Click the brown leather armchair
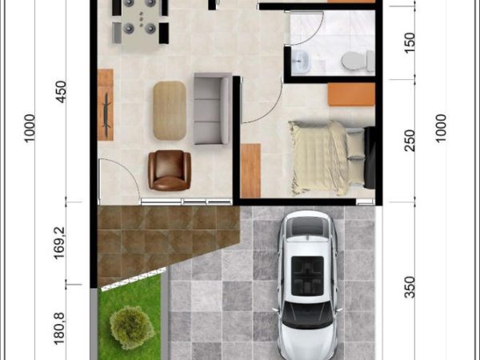coord(170,170)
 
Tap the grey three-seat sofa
coord(213,108)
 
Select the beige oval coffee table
coord(170,110)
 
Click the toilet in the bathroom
coord(358,61)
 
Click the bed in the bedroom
coord(332,158)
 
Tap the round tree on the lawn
coord(132,327)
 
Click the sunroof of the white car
coord(307,276)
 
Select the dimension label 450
coord(61,92)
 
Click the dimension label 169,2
coord(59,243)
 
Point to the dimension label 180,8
coord(59,329)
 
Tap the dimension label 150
coord(410,43)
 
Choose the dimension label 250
coord(410,141)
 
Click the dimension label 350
coord(410,287)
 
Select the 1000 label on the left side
coord(30,128)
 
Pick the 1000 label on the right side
coord(440,128)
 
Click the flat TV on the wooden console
coord(107,114)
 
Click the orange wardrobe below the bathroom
coord(351,94)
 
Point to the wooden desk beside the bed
coord(250,170)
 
